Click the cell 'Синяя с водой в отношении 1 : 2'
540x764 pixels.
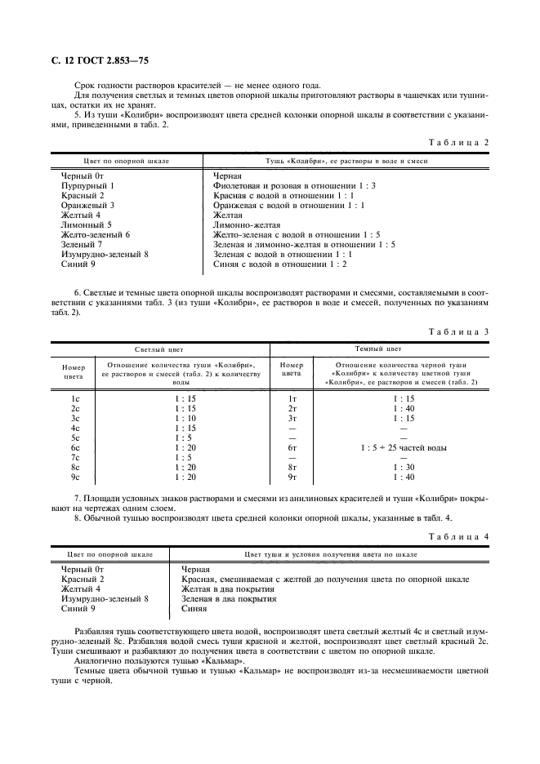(x=280, y=264)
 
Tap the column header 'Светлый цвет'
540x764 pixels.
(x=161, y=349)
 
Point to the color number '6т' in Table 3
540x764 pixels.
(x=292, y=448)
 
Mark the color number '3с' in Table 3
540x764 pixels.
(x=75, y=419)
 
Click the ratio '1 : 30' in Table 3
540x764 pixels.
(x=404, y=468)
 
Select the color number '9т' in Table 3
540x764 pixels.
(x=292, y=477)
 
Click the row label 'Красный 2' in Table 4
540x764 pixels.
(x=83, y=579)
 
